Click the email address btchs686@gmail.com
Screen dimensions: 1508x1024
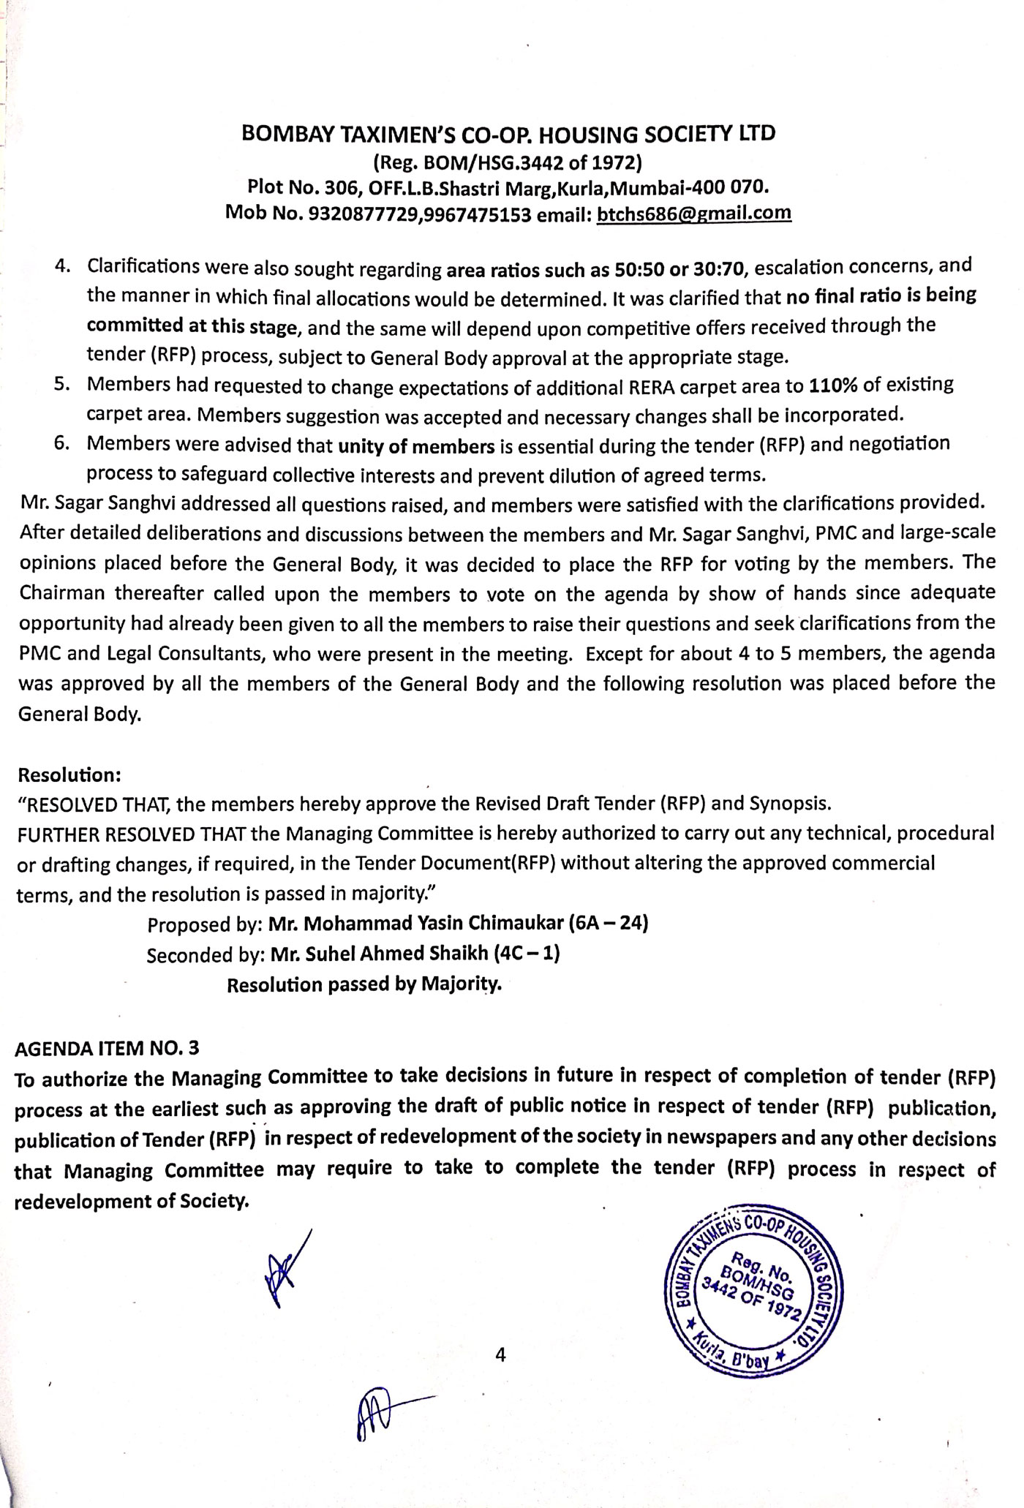pos(694,213)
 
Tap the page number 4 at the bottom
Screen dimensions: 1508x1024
pos(500,1354)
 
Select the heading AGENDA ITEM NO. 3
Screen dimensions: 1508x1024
pos(107,1048)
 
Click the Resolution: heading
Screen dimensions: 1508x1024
pos(69,774)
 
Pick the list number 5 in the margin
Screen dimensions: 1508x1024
pos(61,384)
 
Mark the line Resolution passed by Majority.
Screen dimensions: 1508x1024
pos(364,984)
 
